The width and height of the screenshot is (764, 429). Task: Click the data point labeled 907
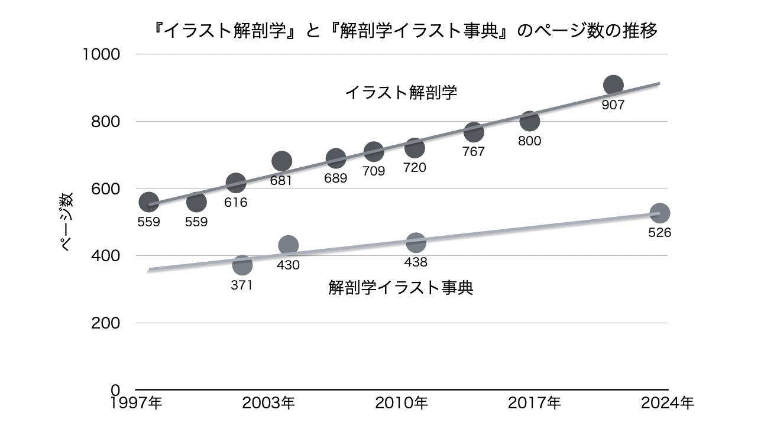tap(613, 86)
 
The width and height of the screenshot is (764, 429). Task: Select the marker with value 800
tap(530, 121)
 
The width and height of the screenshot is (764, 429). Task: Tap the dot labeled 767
tap(474, 132)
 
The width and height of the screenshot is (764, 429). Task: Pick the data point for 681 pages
tap(282, 161)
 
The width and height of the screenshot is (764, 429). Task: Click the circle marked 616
tap(235, 183)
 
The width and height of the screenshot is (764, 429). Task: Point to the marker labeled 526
tap(659, 213)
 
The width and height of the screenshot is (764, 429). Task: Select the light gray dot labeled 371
tap(242, 265)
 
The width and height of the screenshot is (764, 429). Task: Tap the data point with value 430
tap(288, 245)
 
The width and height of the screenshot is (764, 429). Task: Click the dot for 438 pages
tap(416, 242)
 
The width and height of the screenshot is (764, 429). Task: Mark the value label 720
tap(415, 168)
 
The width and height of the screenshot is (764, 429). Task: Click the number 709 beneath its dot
tap(374, 171)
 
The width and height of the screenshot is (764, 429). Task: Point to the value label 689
tap(336, 177)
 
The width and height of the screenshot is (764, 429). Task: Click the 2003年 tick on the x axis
tap(269, 404)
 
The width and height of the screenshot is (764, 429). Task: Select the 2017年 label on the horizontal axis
tap(535, 404)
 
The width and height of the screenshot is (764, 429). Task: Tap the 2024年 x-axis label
tap(668, 404)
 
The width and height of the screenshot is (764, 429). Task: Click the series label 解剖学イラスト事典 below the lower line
tap(401, 288)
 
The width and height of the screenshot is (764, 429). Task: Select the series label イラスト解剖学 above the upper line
tap(401, 93)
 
